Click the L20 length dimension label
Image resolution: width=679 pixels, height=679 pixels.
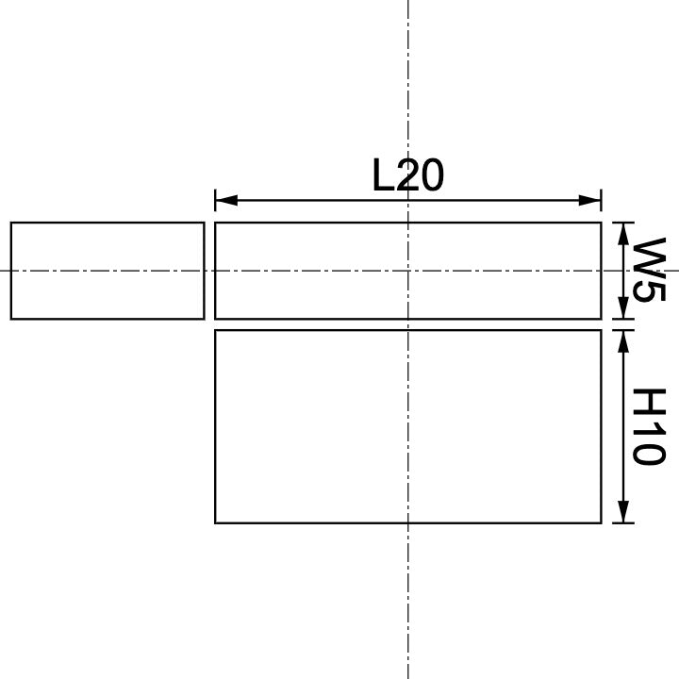(407, 175)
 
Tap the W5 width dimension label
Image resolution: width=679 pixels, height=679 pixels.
(648, 270)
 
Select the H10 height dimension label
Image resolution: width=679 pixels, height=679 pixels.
(648, 426)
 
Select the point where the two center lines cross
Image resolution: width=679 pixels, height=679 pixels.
(407, 271)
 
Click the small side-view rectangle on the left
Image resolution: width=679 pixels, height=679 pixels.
(107, 271)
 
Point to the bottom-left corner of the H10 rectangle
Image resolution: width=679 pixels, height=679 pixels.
(216, 522)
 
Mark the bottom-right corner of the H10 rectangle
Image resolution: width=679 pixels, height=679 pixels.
(601, 522)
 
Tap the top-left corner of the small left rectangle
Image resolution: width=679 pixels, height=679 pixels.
(11, 223)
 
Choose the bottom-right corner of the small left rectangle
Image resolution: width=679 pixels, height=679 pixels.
(204, 319)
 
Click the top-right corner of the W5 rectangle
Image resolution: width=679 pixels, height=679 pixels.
(601, 223)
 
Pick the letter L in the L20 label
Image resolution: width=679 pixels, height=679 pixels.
(383, 175)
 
